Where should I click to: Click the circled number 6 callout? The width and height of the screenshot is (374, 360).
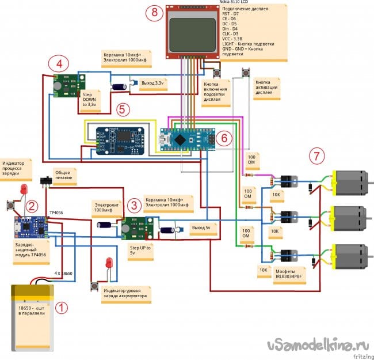point(225,137)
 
